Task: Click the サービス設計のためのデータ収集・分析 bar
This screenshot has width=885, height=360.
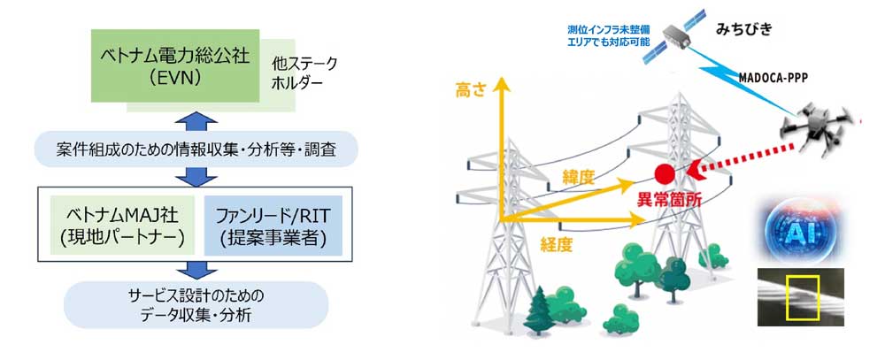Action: point(196,303)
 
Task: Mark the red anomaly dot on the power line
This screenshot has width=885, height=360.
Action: point(665,172)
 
